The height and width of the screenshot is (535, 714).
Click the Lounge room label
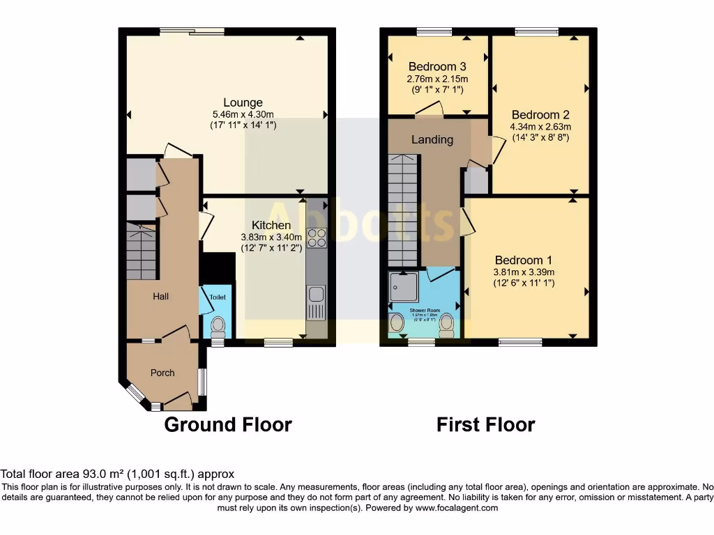243,102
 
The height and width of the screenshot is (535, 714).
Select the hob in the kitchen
317,238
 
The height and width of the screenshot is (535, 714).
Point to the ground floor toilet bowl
218,325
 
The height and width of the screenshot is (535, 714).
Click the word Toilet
218,297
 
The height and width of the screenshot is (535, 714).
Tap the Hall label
161,296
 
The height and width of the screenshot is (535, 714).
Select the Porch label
162,373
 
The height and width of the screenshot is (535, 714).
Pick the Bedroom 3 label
437,67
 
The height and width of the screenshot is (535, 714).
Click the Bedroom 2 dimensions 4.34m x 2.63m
540,127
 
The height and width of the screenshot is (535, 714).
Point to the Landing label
432,139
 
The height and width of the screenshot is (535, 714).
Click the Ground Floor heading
228,424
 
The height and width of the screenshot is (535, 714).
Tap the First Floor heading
485,424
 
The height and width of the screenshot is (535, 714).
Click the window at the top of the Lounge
192,31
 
